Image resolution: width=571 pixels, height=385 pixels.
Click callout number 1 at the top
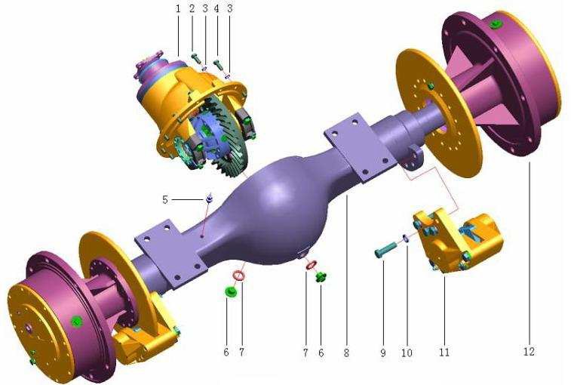pyautogui.click(x=178, y=8)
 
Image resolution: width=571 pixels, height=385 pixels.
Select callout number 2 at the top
pyautogui.click(x=192, y=8)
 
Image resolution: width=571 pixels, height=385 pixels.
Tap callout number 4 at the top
pyautogui.click(x=216, y=8)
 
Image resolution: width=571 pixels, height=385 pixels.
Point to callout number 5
pyautogui.click(x=165, y=200)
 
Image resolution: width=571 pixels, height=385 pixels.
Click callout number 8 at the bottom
pyautogui.click(x=346, y=353)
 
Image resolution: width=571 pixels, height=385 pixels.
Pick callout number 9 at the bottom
pyautogui.click(x=383, y=353)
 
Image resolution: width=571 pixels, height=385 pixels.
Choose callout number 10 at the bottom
pyautogui.click(x=407, y=353)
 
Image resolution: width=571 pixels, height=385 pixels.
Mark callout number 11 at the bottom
pyautogui.click(x=444, y=353)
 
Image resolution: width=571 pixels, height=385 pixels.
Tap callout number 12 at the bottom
pyautogui.click(x=529, y=352)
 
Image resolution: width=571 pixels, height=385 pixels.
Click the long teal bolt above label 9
pyautogui.click(x=387, y=250)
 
